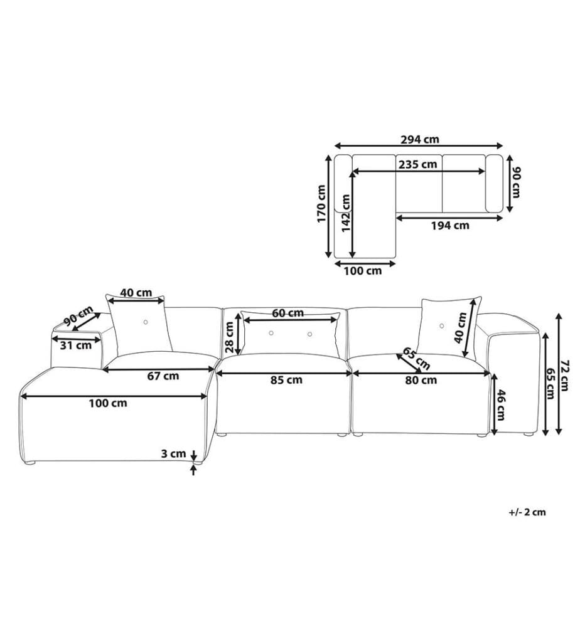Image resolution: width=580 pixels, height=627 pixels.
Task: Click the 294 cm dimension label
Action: pyautogui.click(x=419, y=139)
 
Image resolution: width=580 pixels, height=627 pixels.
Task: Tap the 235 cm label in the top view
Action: pyautogui.click(x=418, y=164)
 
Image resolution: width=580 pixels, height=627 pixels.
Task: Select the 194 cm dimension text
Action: pyautogui.click(x=450, y=226)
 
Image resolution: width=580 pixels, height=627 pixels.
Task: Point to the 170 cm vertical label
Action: pyautogui.click(x=321, y=204)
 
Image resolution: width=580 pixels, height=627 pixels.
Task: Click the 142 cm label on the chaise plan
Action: pyautogui.click(x=346, y=213)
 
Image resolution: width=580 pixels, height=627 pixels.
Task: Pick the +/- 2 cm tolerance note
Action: pyautogui.click(x=527, y=512)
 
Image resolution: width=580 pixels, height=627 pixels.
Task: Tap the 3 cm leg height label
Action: pyautogui.click(x=173, y=453)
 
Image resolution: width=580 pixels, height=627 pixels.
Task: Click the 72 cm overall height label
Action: pyautogui.click(x=565, y=375)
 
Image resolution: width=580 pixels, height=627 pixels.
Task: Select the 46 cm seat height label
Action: pyautogui.click(x=500, y=404)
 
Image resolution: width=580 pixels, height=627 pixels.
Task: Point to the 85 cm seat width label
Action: pyautogui.click(x=286, y=380)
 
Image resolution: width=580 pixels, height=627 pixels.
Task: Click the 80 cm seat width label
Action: pyautogui.click(x=421, y=380)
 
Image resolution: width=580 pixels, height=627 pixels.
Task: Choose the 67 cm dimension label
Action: pyautogui.click(x=163, y=376)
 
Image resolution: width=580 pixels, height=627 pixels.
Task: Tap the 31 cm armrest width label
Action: pyautogui.click(x=76, y=345)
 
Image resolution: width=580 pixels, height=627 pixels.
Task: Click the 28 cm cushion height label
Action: pyautogui.click(x=229, y=337)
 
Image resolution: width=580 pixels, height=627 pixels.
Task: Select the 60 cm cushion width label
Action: pyautogui.click(x=287, y=313)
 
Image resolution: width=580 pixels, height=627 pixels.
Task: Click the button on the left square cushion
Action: pyautogui.click(x=145, y=322)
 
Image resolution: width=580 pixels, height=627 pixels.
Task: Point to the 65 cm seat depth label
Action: pyautogui.click(x=417, y=358)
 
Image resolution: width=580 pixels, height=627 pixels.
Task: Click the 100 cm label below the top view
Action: pyautogui.click(x=363, y=271)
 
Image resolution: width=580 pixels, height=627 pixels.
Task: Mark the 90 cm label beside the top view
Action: pyautogui.click(x=515, y=182)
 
